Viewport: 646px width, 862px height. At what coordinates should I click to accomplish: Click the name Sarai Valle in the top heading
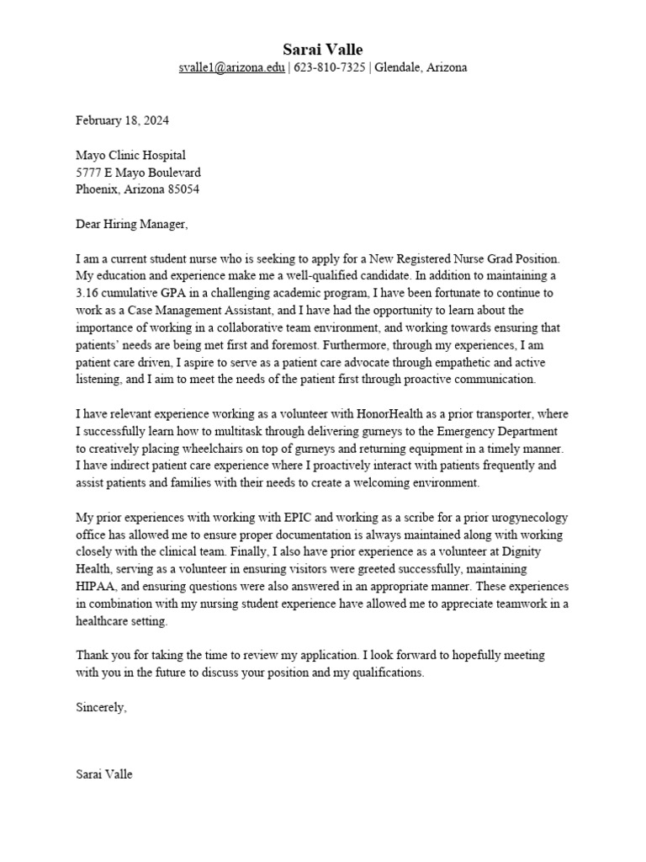coord(323,50)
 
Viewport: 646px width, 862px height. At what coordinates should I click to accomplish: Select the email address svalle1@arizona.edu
coord(231,67)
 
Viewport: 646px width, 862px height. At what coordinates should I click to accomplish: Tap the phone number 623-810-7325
coord(329,67)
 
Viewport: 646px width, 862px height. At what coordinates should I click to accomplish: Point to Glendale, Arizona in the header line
coord(421,67)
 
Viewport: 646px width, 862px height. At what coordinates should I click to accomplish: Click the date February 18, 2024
coord(122,120)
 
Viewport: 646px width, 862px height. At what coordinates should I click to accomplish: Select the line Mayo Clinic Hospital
coord(130,155)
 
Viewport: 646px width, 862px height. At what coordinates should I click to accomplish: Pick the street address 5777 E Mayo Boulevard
coord(138,173)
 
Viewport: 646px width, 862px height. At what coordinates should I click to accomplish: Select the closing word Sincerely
coord(101,708)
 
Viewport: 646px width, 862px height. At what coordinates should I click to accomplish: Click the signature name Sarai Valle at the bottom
coord(104,774)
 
